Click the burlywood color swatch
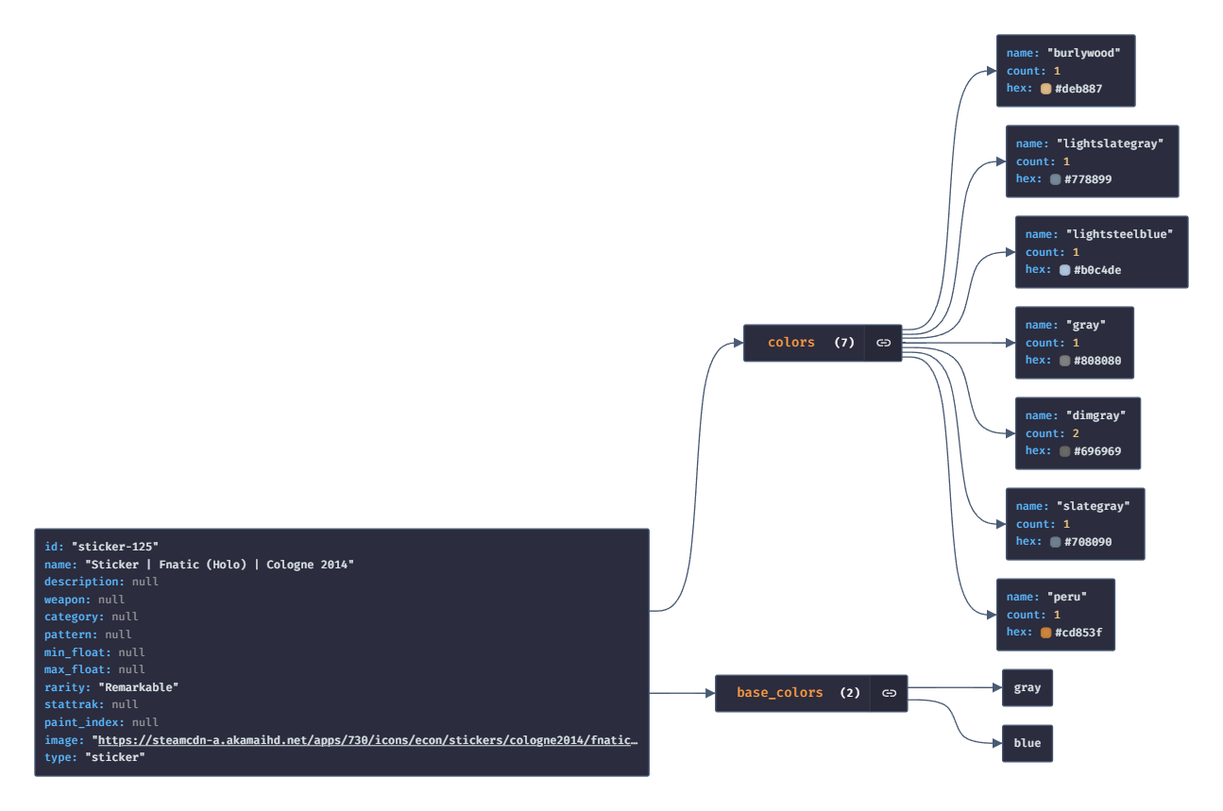1045,89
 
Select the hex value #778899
1091,179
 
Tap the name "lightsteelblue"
1119,234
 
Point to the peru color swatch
1045,633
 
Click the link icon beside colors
883,343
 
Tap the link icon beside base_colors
889,693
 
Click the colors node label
791,343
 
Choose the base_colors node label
780,693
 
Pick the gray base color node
1027,688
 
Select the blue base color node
1027,743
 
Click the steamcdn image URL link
367,740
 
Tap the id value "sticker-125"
114,547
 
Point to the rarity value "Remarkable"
138,687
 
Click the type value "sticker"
114,757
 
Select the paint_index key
84,722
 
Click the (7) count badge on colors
844,343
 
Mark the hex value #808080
1096,361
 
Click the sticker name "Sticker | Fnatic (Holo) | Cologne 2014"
219,565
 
